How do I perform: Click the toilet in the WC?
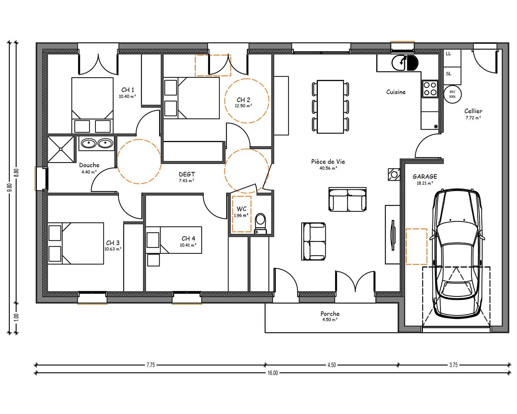tap(261, 223)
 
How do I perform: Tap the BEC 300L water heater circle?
tap(452, 94)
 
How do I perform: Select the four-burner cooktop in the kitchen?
tap(430, 89)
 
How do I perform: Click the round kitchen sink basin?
tap(399, 63)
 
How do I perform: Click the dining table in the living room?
tap(330, 107)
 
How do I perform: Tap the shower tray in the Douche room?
tap(61, 149)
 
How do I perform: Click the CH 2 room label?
tap(243, 100)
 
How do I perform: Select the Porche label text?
tap(330, 314)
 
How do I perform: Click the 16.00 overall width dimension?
tap(273, 373)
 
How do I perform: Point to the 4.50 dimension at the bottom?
tap(332, 365)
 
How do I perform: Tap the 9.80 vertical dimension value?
tap(10, 187)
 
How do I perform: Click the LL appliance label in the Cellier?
tap(448, 53)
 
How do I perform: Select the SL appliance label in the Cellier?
tap(448, 73)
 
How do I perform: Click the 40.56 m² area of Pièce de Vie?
tap(328, 168)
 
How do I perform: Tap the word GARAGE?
tap(425, 177)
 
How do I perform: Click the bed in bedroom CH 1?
tap(92, 105)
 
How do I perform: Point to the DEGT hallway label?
tap(187, 174)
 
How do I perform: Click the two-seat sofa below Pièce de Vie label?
tap(347, 199)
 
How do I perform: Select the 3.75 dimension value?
tap(453, 365)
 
